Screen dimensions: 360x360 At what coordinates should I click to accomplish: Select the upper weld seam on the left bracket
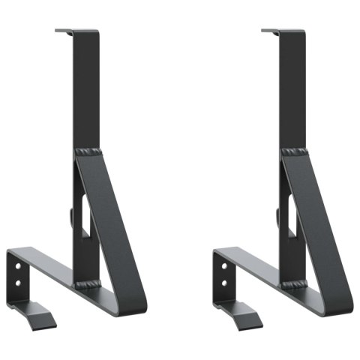[x=88, y=153]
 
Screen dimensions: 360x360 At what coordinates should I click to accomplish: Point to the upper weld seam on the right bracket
[x=295, y=153]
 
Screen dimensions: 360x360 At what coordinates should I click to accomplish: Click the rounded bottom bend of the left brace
[x=136, y=301]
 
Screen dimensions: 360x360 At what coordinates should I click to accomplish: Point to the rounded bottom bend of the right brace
[x=343, y=301]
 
